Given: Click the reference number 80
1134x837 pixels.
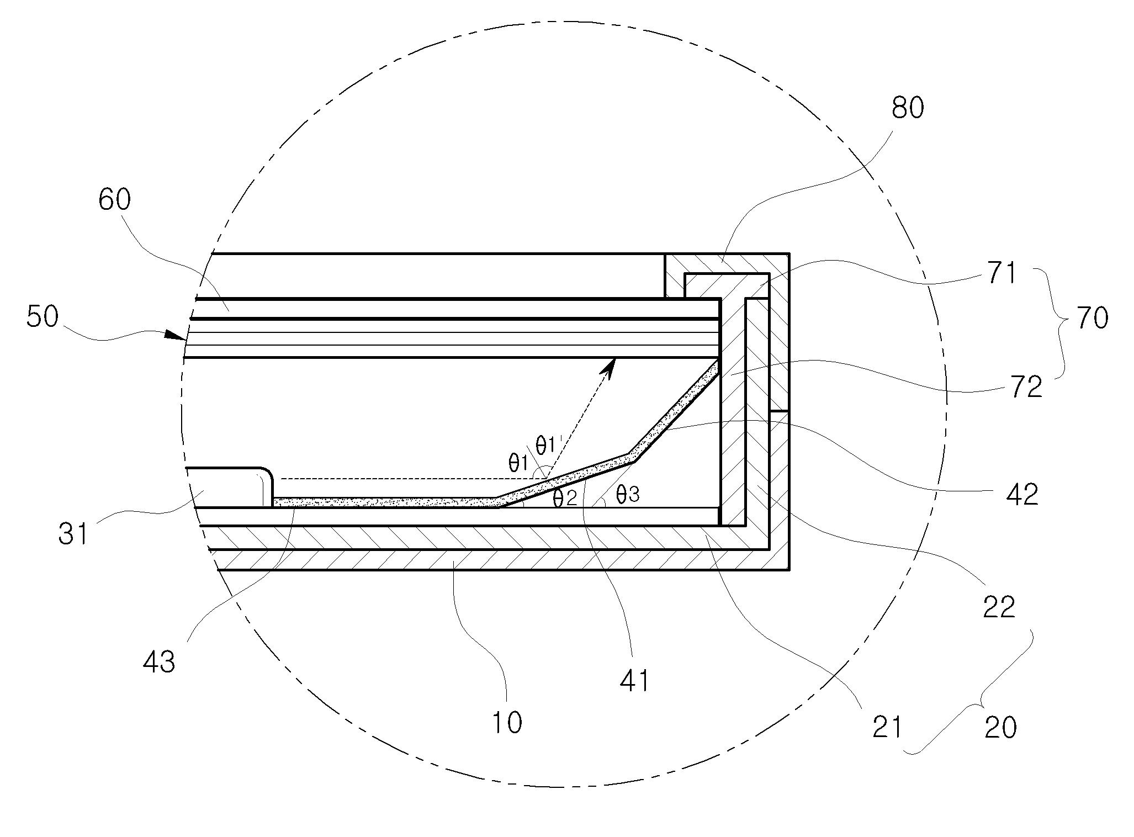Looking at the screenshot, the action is click(908, 108).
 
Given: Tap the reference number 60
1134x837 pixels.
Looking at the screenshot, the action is click(115, 199).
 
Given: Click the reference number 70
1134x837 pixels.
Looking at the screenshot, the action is click(1091, 319).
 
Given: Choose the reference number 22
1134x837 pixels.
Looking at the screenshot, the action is click(999, 607).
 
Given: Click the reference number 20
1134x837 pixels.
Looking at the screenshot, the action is click(1000, 727).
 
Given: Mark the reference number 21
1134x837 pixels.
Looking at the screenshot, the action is click(887, 727).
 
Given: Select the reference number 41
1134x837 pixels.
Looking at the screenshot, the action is click(634, 681).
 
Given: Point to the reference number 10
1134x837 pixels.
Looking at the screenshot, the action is click(506, 722).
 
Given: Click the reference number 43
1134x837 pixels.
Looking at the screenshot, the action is click(159, 661).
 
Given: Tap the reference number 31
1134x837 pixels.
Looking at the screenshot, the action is click(73, 534).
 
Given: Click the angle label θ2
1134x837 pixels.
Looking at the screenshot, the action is click(564, 498).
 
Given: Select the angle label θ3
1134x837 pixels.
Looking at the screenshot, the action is click(627, 494).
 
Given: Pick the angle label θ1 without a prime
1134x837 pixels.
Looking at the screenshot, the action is click(519, 462).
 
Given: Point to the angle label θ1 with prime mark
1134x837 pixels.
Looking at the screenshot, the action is click(548, 444).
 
